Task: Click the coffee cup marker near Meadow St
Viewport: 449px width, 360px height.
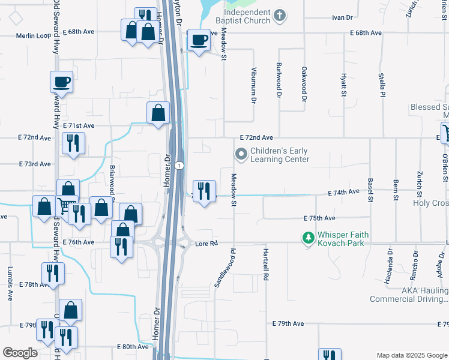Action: pyautogui.click(x=199, y=41)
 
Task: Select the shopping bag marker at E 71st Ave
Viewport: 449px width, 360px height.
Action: pyautogui.click(x=158, y=113)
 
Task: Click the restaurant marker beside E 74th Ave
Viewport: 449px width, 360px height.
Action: pyautogui.click(x=204, y=191)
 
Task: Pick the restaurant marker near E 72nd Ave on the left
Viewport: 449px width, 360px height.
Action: pyautogui.click(x=73, y=143)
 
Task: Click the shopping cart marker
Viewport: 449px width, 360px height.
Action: pyautogui.click(x=67, y=206)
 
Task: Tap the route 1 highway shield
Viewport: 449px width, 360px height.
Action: pyautogui.click(x=179, y=165)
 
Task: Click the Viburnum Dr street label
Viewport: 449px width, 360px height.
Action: pyautogui.click(x=254, y=85)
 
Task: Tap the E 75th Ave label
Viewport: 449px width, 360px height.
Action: pyautogui.click(x=319, y=218)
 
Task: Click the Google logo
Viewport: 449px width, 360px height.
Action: pyautogui.click(x=20, y=353)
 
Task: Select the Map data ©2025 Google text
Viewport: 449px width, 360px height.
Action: pyautogui.click(x=411, y=355)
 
